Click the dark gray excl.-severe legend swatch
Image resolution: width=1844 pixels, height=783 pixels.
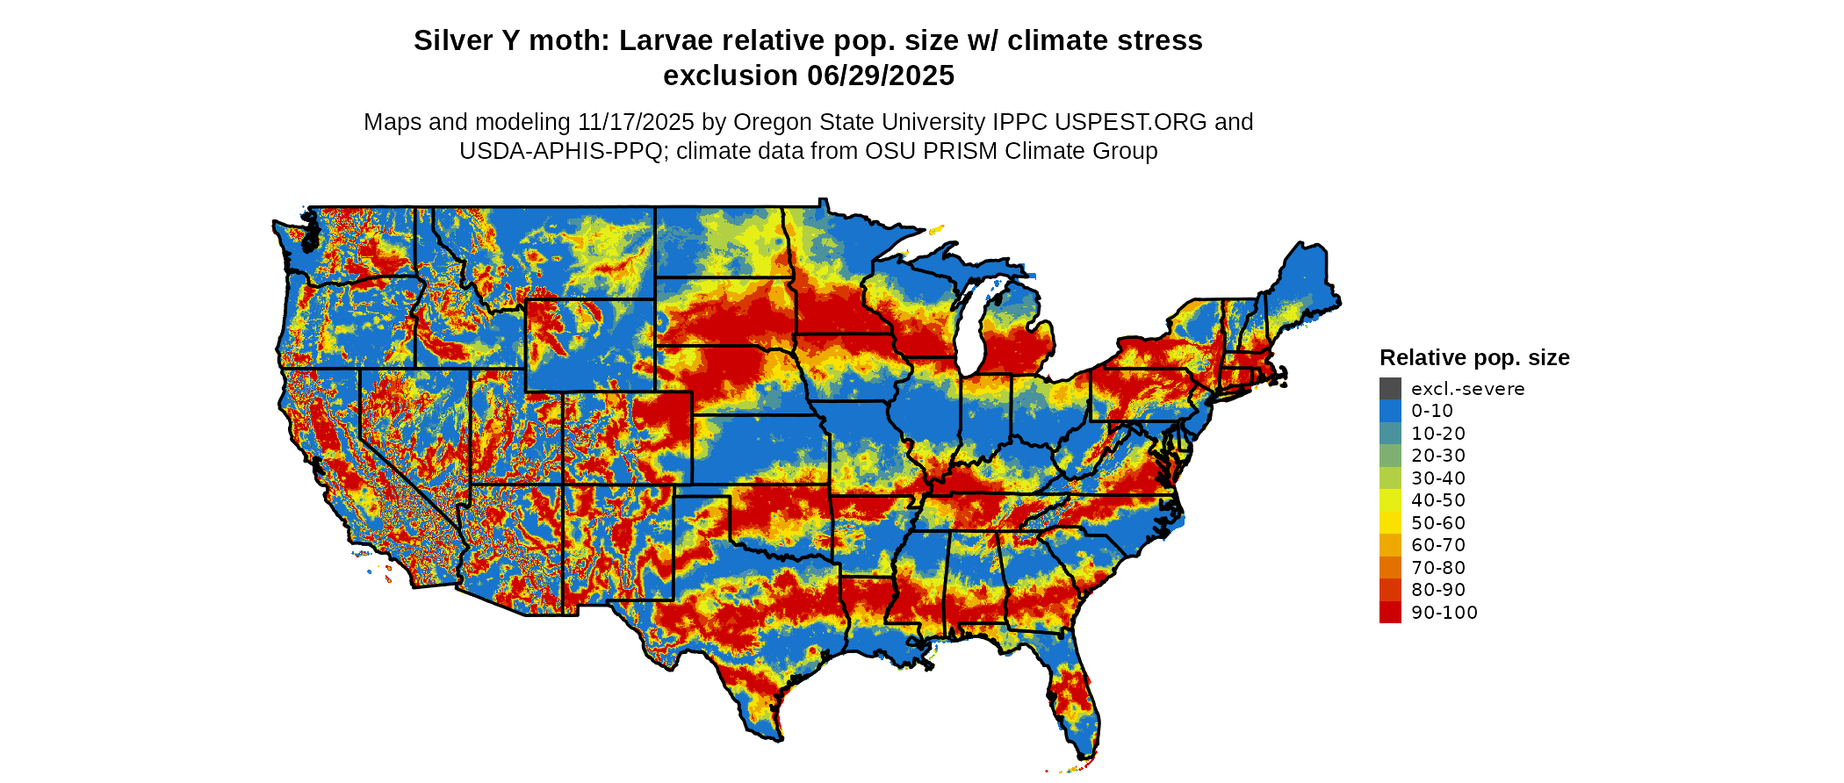[1390, 389]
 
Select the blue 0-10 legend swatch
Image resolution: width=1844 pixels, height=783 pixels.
[1390, 411]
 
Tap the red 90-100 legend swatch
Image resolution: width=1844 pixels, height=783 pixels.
[1390, 613]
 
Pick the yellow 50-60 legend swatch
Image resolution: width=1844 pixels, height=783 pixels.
[1390, 523]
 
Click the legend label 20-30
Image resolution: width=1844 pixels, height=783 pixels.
[1438, 456]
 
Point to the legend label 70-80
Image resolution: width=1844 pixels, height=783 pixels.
[1438, 568]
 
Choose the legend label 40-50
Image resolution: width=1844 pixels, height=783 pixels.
[1438, 500]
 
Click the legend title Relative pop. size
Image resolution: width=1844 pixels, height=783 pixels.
[1474, 358]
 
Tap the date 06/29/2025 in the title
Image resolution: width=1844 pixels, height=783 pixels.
[881, 76]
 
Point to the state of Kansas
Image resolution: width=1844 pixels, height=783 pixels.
[760, 449]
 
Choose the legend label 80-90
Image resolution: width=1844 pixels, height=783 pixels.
[1438, 590]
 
